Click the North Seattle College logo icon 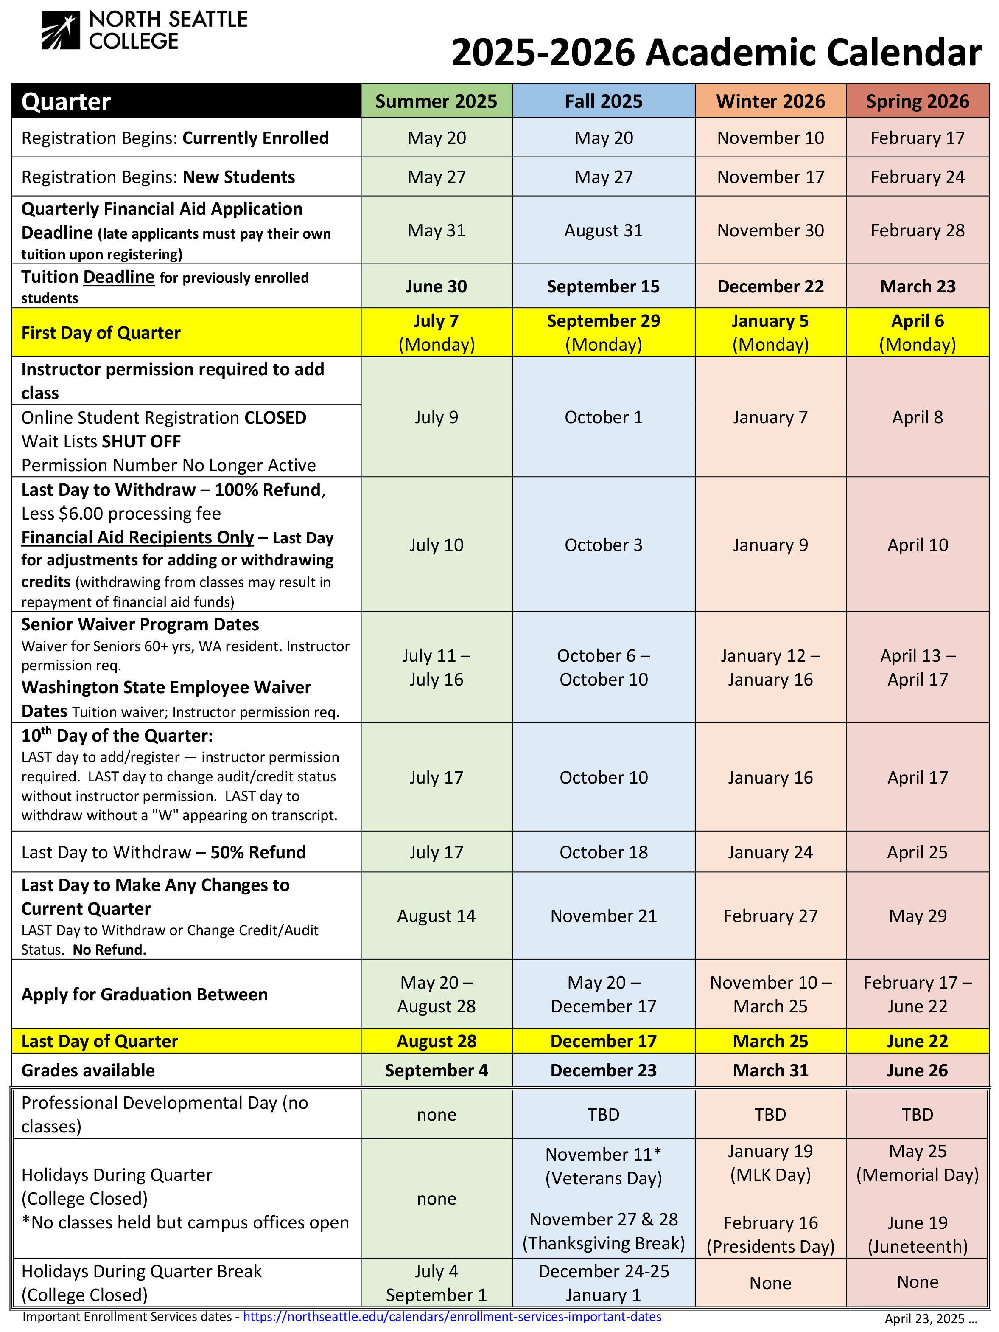click(x=60, y=31)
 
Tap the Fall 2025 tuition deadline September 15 click(x=603, y=287)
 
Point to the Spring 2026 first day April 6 click(x=917, y=321)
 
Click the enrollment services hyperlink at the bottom click(x=451, y=1317)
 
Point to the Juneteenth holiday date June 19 click(x=917, y=1222)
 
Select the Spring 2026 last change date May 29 click(x=917, y=916)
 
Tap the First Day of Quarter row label click(x=101, y=333)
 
